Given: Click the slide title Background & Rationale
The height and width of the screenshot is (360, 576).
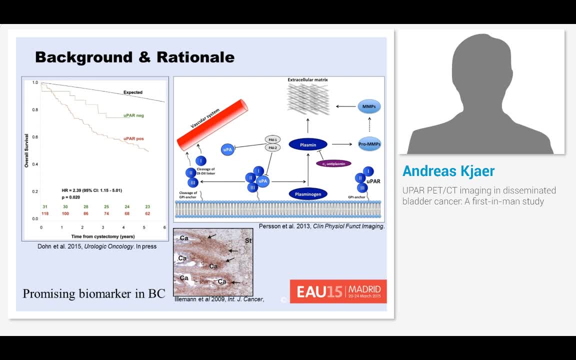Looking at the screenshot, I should (134, 57).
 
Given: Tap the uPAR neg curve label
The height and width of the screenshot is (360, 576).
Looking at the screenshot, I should (133, 115).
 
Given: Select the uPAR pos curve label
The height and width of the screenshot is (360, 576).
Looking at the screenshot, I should (133, 138).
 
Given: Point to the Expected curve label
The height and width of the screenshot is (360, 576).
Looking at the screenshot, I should (133, 92).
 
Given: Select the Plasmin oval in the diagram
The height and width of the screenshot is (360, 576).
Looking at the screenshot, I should (308, 145).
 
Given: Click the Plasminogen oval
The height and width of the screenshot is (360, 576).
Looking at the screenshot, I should (308, 194).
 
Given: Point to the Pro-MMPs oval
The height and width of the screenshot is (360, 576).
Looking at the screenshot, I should (370, 144).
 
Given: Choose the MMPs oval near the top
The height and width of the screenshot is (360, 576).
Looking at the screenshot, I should (370, 106).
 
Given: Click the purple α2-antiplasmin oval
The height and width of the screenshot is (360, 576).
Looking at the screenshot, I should (334, 163).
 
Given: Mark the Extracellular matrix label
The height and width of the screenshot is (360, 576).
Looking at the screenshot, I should (307, 80).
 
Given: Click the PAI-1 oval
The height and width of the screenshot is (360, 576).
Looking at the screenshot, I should (273, 140).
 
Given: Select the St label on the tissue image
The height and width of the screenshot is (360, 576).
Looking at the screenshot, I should (248, 241).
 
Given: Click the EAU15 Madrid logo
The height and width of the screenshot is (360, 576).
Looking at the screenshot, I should (338, 291).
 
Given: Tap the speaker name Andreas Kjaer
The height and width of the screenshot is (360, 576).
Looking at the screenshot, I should (448, 171).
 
